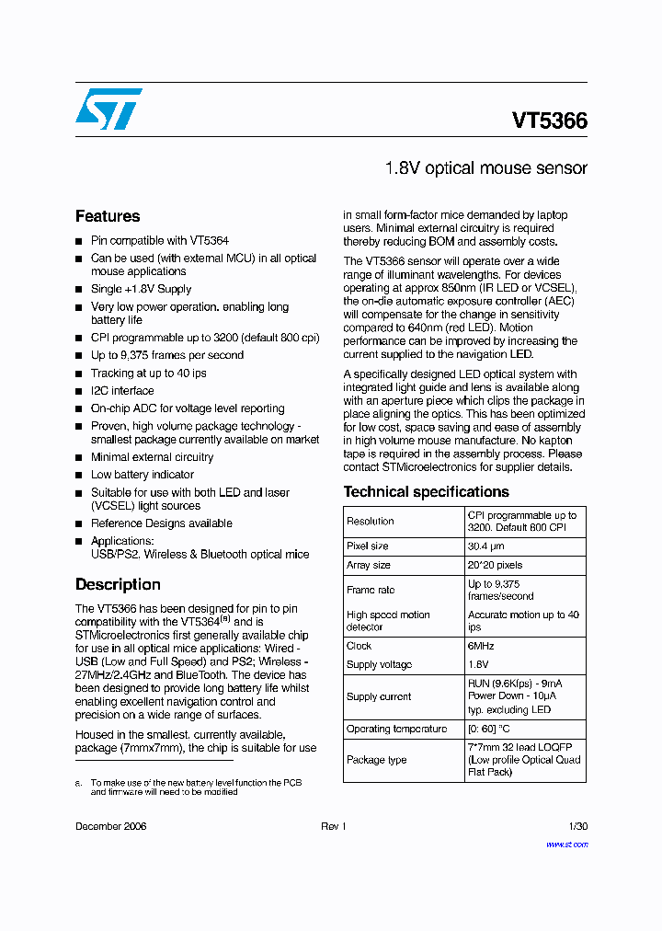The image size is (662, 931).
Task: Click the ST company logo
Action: tap(108, 109)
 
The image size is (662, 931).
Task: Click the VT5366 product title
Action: tap(550, 121)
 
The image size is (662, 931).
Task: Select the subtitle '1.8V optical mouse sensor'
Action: tap(485, 168)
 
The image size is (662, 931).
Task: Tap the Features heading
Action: tap(108, 216)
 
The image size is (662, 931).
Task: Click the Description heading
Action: tap(118, 584)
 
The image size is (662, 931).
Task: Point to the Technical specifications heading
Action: tap(426, 491)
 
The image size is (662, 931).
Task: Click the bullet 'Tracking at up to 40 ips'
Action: tap(148, 373)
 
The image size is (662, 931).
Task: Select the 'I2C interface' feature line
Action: tap(122, 391)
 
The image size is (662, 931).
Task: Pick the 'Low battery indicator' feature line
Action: tap(143, 475)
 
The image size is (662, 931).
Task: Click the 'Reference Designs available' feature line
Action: tap(161, 523)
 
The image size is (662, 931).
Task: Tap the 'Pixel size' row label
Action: tap(367, 546)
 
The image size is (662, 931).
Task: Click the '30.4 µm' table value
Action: tap(487, 546)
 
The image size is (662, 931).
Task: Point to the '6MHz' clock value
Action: tap(481, 646)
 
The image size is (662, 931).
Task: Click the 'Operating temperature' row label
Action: tap(396, 729)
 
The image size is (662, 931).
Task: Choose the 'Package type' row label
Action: tap(376, 760)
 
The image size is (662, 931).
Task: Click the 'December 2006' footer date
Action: tap(110, 826)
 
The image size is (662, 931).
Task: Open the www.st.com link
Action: tap(566, 844)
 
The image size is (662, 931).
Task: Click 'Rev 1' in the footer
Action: tap(333, 826)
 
